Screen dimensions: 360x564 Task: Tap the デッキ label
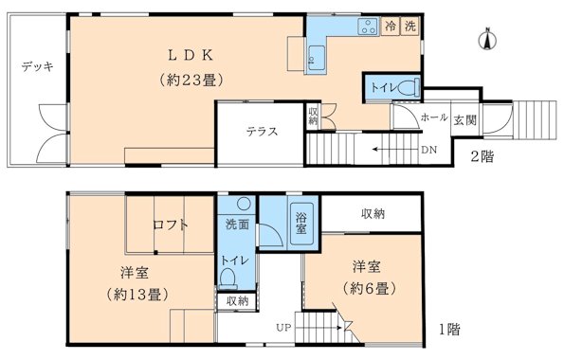coord(37,67)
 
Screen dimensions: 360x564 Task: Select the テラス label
coord(262,131)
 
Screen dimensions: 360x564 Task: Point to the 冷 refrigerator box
coord(391,27)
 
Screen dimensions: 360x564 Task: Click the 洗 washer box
coord(409,27)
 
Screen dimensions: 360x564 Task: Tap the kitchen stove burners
coord(366,27)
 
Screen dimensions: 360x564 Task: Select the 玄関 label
coord(464,119)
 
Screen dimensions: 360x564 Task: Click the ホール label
coord(433,118)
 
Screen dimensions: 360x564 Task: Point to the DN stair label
coord(428,150)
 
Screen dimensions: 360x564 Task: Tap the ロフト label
coord(170,225)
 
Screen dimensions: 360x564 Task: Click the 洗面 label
coord(237,225)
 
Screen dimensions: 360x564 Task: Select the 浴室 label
coord(300,223)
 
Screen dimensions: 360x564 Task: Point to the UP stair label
coord(282,328)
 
